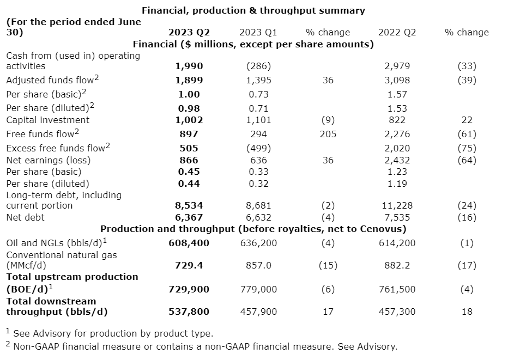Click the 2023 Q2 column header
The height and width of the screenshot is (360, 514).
click(x=189, y=32)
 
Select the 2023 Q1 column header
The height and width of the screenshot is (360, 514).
click(x=258, y=32)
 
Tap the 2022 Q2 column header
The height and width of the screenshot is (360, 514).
click(x=397, y=32)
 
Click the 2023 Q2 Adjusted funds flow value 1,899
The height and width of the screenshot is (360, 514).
click(x=189, y=80)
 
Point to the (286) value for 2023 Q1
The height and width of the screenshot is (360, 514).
click(x=258, y=66)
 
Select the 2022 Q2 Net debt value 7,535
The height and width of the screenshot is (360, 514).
click(x=397, y=217)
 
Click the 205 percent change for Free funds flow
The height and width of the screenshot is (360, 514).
click(x=328, y=134)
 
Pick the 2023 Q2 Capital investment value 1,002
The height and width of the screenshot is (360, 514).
click(x=189, y=120)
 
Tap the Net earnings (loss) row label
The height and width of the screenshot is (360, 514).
click(x=49, y=160)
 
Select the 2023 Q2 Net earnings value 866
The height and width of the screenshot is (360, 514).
click(x=189, y=160)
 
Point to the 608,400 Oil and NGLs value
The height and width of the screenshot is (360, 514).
click(x=189, y=243)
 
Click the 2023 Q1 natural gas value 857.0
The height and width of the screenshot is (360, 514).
click(x=258, y=265)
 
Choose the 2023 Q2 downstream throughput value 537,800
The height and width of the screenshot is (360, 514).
click(x=189, y=312)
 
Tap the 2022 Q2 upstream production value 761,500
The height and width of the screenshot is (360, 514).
click(x=397, y=289)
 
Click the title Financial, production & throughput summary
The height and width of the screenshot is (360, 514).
click(x=253, y=10)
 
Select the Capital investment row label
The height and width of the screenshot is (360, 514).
click(x=48, y=120)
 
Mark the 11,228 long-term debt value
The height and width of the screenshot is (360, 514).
click(x=397, y=205)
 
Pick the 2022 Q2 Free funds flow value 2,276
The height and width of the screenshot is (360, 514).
click(x=397, y=134)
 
